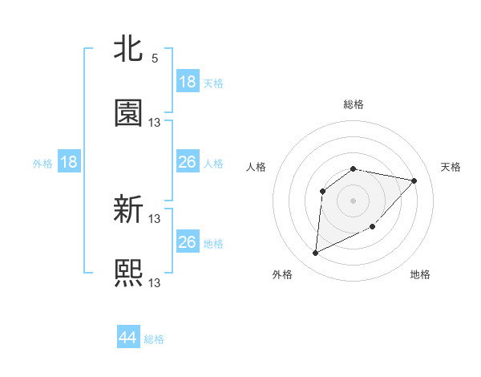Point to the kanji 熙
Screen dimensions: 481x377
click(x=128, y=273)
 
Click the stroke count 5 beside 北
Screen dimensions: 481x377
click(x=155, y=59)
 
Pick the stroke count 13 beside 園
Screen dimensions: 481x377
click(x=155, y=122)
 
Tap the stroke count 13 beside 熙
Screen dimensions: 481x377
click(x=155, y=282)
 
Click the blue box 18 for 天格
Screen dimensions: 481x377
click(x=188, y=82)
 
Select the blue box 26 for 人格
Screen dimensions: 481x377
click(x=188, y=162)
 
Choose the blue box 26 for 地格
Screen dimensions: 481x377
click(x=188, y=242)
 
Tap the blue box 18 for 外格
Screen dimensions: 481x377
click(x=69, y=162)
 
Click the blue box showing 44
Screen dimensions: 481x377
click(x=128, y=338)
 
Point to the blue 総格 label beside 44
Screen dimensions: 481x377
click(x=154, y=339)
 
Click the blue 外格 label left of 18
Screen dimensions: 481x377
click(x=42, y=163)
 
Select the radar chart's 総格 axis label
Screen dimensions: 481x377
click(x=354, y=104)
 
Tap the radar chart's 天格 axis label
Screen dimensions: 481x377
click(x=451, y=167)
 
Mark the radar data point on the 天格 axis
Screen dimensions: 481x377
click(x=414, y=180)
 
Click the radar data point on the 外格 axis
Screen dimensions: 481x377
click(x=315, y=253)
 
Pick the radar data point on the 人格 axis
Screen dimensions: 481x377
click(x=322, y=191)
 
